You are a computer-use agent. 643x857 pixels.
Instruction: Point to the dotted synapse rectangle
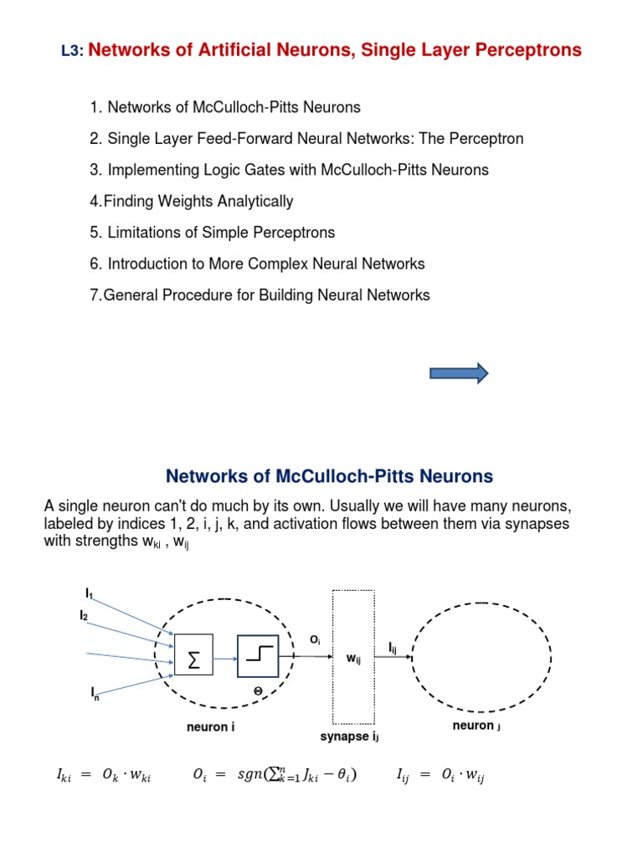pyautogui.click(x=353, y=657)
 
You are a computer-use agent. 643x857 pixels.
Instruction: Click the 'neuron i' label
pyautogui.click(x=210, y=727)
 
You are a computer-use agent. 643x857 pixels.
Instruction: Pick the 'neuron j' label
pyautogui.click(x=476, y=726)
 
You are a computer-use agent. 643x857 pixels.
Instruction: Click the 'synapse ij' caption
pyautogui.click(x=350, y=737)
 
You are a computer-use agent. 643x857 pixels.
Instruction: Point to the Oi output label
pyautogui.click(x=315, y=639)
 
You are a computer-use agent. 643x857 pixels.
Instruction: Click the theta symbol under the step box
pyautogui.click(x=259, y=691)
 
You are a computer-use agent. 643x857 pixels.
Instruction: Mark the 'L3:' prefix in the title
pyautogui.click(x=72, y=52)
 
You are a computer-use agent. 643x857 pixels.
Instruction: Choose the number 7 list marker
pyautogui.click(x=95, y=295)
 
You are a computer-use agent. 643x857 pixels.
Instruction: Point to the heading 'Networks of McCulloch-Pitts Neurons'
pyautogui.click(x=329, y=477)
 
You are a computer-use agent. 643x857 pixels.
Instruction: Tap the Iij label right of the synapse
pyautogui.click(x=393, y=648)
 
